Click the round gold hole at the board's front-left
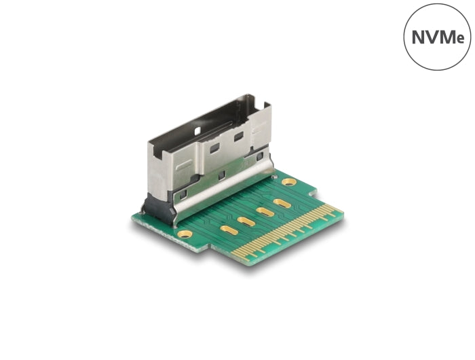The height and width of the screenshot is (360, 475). point(185,234)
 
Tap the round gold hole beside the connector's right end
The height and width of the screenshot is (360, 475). point(288,182)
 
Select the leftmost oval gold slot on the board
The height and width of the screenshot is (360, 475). point(229,230)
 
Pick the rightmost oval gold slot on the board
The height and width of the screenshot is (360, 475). point(282,203)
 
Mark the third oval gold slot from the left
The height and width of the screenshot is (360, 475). point(265,212)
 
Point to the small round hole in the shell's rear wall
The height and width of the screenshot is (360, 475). point(198,130)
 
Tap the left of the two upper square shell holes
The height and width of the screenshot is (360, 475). point(214,147)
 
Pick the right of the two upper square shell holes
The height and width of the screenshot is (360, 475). point(238,136)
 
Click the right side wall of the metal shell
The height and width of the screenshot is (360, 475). point(261,129)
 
